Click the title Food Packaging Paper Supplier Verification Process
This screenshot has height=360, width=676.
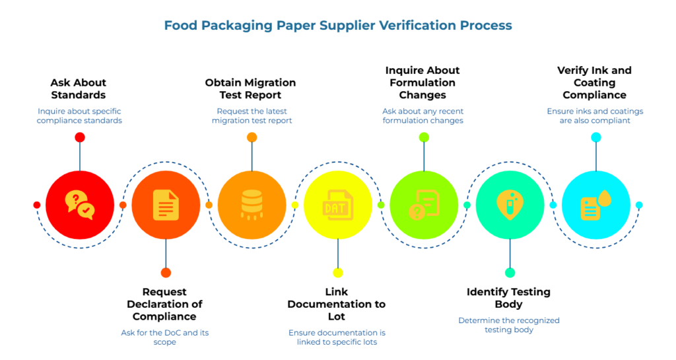click(337, 26)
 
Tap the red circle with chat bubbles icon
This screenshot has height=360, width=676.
click(80, 205)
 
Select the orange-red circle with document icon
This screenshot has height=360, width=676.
click(166, 205)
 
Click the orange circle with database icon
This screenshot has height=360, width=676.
click(252, 205)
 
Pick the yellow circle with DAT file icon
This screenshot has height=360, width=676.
click(338, 205)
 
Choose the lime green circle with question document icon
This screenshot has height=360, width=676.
click(424, 205)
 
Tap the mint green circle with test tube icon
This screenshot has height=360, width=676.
click(510, 205)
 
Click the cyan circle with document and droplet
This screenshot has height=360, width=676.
click(595, 205)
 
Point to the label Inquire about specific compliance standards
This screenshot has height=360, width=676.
click(80, 116)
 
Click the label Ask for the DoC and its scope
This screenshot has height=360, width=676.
click(164, 337)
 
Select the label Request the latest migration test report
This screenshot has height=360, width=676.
click(252, 116)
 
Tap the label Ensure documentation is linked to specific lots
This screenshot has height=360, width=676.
click(337, 337)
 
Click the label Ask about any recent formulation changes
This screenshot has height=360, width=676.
click(423, 116)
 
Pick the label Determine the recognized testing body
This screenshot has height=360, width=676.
click(509, 324)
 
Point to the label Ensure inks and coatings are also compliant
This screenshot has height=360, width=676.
click(595, 116)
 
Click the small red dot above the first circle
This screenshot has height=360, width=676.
click(80, 137)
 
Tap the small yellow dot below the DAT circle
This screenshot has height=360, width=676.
click(338, 273)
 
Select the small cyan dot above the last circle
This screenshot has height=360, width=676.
click(596, 137)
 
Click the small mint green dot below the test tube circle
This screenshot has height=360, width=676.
click(510, 273)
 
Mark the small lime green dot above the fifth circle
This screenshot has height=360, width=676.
click(424, 137)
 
